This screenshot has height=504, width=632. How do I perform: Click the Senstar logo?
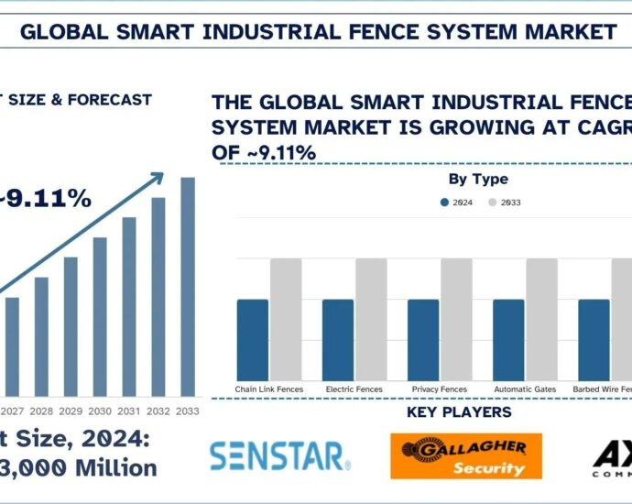coord(279,455)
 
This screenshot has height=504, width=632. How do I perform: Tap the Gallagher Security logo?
coord(465,455)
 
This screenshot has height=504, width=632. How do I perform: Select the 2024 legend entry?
coord(456,202)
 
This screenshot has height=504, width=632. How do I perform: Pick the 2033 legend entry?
coord(505,202)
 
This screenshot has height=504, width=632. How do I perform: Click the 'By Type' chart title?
coord(478,180)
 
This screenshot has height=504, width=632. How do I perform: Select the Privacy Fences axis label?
coord(439,389)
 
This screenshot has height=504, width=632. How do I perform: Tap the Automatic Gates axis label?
coord(525,389)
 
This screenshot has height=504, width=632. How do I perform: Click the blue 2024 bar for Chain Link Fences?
coord(253,340)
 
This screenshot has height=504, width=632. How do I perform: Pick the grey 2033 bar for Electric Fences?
coord(371,319)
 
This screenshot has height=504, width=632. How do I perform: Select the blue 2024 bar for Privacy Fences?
coord(423,340)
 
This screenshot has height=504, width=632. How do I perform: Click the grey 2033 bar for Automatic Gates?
coord(541,319)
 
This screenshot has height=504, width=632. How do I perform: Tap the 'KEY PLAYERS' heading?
coord(458,412)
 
